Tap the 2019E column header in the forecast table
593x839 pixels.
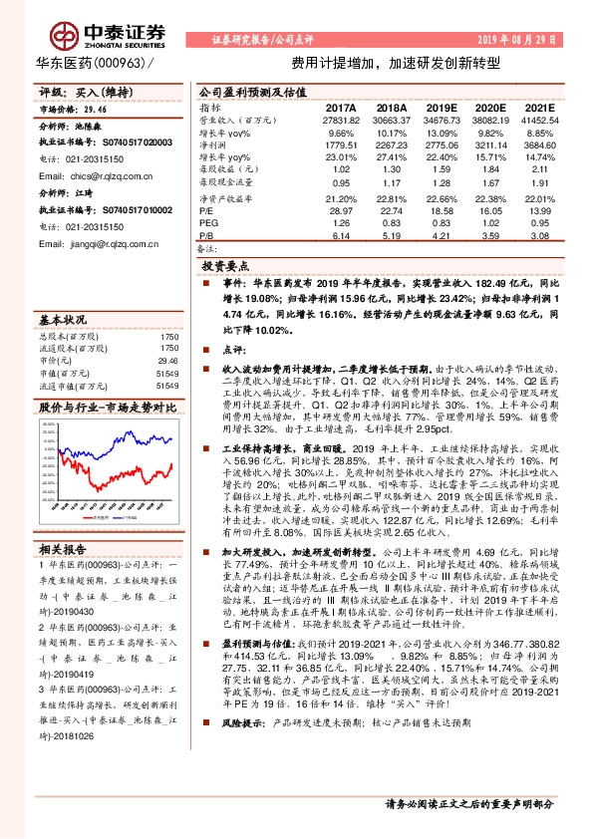(x=441, y=107)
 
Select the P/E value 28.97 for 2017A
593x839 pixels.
(x=340, y=211)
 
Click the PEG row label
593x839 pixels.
(x=208, y=224)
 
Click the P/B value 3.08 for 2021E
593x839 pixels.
(x=539, y=236)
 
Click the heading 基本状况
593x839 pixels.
(x=63, y=322)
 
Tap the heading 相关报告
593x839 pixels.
(x=63, y=549)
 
